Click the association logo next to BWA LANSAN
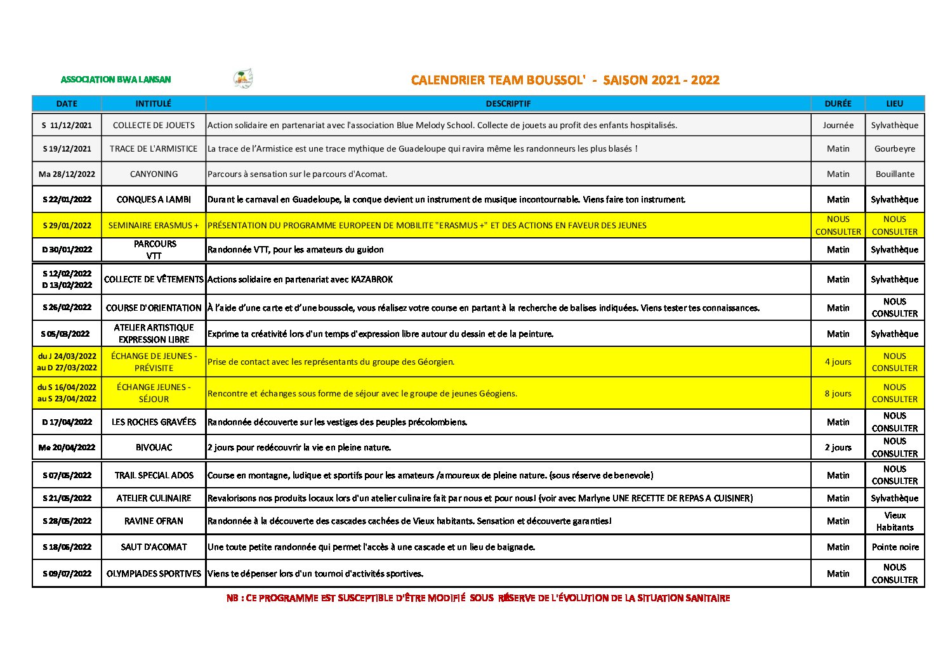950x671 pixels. point(243,79)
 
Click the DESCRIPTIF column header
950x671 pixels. point(508,103)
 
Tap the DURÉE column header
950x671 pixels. point(838,103)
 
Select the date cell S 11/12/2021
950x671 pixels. point(67,125)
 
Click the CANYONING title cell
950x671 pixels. point(154,174)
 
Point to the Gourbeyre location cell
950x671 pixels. point(895,148)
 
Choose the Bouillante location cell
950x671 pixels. point(895,174)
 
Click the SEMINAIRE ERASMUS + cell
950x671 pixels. point(154,225)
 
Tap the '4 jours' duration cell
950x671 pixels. point(838,362)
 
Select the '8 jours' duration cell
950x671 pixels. point(838,393)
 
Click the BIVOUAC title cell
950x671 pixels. point(154,447)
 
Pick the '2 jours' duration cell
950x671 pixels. point(838,447)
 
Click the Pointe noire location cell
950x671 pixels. point(895,547)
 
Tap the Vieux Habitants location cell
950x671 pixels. point(895,521)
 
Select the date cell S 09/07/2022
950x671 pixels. point(67,573)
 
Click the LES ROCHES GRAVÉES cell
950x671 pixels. point(154,422)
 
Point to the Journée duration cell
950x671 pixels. point(838,125)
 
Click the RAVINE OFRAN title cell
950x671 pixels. point(154,521)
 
